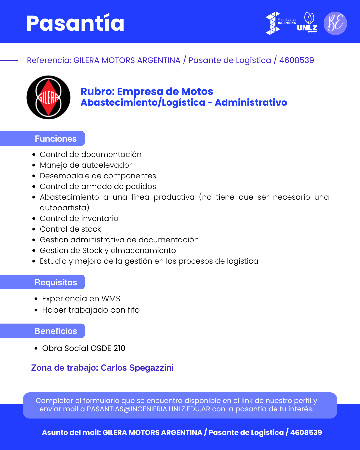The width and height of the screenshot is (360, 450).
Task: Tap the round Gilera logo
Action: [x=48, y=97]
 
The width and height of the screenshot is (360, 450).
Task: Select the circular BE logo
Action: [x=335, y=23]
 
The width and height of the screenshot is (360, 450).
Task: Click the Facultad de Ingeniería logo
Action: [x=280, y=23]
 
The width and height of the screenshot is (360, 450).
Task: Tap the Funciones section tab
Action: [x=56, y=139]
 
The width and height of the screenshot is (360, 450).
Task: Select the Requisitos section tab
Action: [x=56, y=282]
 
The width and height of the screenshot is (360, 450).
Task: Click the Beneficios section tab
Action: [x=56, y=331]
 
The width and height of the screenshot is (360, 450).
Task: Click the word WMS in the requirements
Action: [x=111, y=299]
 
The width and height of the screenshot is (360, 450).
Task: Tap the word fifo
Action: [x=133, y=310]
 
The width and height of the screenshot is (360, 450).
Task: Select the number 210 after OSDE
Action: [x=119, y=348]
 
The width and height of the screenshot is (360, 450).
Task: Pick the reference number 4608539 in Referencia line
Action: [x=296, y=60]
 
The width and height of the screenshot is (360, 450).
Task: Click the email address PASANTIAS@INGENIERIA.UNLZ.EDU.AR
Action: [x=148, y=409]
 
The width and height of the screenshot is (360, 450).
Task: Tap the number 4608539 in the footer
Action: [x=306, y=433]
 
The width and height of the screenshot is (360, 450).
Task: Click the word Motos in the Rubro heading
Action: [x=197, y=92]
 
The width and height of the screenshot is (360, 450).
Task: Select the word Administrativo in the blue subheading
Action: [x=251, y=103]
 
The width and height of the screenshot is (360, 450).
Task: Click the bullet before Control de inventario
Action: [x=34, y=219]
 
